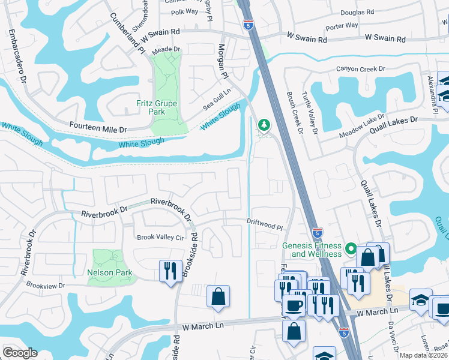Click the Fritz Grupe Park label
pyautogui.click(x=157, y=107)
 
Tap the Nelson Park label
pyautogui.click(x=109, y=272)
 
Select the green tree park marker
pyautogui.click(x=263, y=125)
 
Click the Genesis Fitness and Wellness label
pyautogui.click(x=312, y=250)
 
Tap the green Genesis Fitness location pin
pyautogui.click(x=351, y=248)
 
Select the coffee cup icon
pyautogui.click(x=294, y=305)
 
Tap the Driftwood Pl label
pyautogui.click(x=264, y=224)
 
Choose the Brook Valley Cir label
pyautogui.click(x=160, y=237)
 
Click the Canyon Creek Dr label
pyautogui.click(x=360, y=69)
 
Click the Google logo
pyautogui.click(x=20, y=353)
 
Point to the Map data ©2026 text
pyautogui.click(x=423, y=355)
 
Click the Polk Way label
pyautogui.click(x=184, y=11)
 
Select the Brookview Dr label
pyautogui.click(x=44, y=286)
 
